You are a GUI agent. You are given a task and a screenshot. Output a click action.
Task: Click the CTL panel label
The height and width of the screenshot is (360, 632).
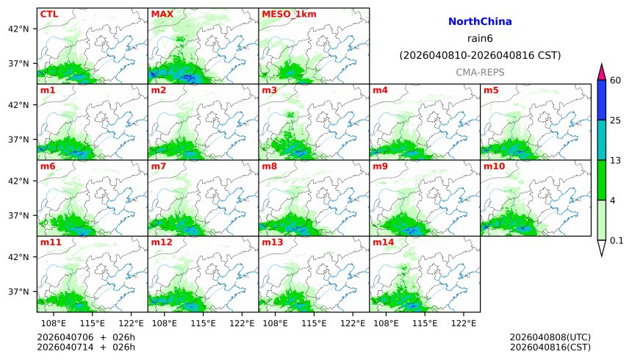(x=49, y=14)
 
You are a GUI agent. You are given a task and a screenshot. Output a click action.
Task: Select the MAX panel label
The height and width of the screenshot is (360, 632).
(x=162, y=14)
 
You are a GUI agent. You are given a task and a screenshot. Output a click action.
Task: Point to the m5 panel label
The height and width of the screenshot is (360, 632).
(x=491, y=90)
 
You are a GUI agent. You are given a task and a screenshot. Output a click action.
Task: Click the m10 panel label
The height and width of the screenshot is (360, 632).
(x=493, y=166)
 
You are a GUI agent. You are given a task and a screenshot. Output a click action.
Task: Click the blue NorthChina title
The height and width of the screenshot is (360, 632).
(x=480, y=22)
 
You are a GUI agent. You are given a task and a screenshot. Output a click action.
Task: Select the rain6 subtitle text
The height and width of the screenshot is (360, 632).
(x=480, y=39)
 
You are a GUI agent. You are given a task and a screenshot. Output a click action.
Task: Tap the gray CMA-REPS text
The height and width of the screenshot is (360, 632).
(x=480, y=72)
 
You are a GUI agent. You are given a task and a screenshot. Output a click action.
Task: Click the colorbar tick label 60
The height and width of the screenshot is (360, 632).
(x=616, y=80)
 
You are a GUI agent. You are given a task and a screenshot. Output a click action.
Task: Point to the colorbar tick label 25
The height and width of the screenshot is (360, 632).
(x=616, y=120)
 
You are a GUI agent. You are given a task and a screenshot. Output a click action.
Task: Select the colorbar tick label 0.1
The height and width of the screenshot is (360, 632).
(x=617, y=240)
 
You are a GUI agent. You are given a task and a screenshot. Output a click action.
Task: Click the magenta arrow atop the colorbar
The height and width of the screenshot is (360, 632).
(x=602, y=72)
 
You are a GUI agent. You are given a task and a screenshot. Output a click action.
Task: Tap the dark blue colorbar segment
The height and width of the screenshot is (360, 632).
(x=602, y=100)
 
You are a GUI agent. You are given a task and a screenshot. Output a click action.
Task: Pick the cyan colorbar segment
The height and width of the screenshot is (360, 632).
(x=602, y=140)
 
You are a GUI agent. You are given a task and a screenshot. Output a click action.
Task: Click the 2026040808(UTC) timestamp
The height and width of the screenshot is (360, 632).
(x=550, y=338)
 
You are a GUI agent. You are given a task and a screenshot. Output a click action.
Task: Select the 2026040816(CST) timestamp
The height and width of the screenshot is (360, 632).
(x=550, y=348)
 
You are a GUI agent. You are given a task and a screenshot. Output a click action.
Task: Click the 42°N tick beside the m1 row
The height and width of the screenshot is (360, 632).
(x=18, y=105)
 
